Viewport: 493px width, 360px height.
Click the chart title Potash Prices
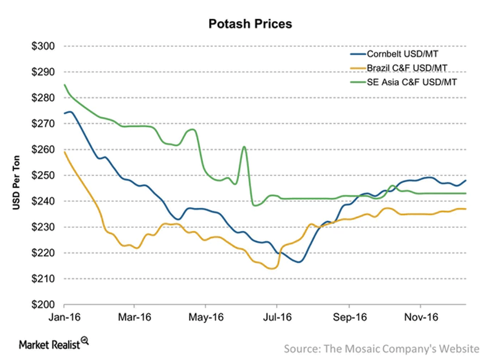250,23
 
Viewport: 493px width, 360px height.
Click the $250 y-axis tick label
45,175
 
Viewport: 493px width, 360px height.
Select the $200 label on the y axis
45,305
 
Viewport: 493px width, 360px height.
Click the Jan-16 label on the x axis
64,318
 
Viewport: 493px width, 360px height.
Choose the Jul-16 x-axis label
277,318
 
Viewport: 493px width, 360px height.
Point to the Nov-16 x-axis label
421,318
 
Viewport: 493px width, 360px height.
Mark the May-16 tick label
206,318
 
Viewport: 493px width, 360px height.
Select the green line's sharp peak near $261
244,147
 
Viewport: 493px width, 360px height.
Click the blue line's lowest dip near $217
299,262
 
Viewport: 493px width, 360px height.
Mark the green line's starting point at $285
65,85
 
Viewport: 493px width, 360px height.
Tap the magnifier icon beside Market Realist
85,341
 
